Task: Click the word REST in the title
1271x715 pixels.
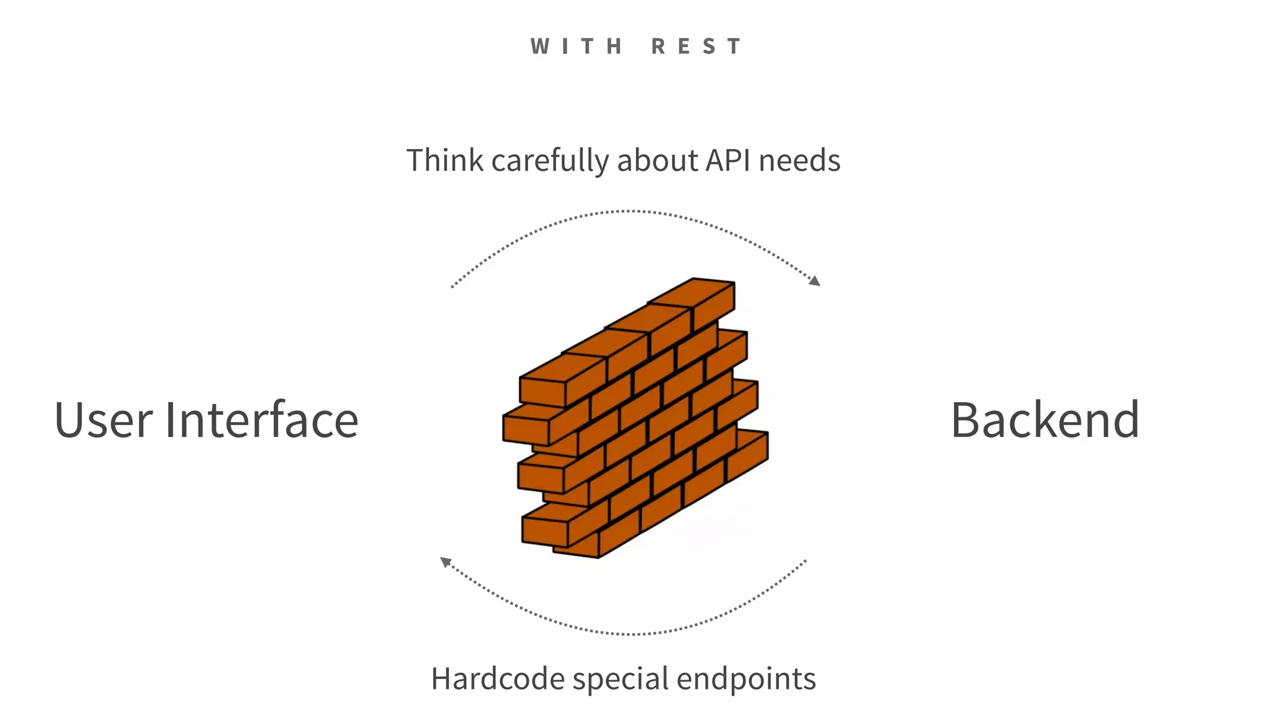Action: pyautogui.click(x=696, y=47)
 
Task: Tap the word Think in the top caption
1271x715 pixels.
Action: pyautogui.click(x=445, y=160)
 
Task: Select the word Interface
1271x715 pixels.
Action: pyautogui.click(x=261, y=420)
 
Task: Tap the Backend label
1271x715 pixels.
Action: pyautogui.click(x=1044, y=420)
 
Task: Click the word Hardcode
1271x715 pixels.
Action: pyautogui.click(x=498, y=678)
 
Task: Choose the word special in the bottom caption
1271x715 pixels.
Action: pyautogui.click(x=621, y=680)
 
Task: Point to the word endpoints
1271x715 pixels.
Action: pyautogui.click(x=746, y=678)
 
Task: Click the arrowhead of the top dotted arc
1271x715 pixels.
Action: pyautogui.click(x=815, y=281)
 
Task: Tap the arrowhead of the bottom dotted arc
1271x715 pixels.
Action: pyautogui.click(x=445, y=562)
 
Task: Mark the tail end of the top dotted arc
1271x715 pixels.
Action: pyautogui.click(x=452, y=287)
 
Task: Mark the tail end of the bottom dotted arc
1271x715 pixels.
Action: pyautogui.click(x=805, y=561)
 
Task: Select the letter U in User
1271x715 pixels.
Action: pyautogui.click(x=70, y=420)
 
